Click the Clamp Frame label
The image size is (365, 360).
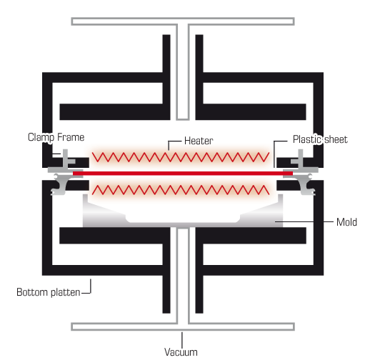tap(56, 138)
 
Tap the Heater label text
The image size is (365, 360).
tap(199, 141)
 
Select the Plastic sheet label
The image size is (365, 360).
tap(320, 139)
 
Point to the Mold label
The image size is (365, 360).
tap(346, 222)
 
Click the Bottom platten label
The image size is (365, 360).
tap(48, 292)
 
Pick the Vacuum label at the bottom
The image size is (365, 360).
tap(181, 352)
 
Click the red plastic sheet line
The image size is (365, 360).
tap(183, 174)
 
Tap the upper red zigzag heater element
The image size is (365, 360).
tap(181, 157)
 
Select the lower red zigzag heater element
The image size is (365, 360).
tap(181, 190)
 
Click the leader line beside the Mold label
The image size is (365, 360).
tap(304, 221)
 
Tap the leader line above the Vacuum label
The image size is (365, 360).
tap(182, 340)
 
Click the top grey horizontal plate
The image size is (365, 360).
tap(183, 21)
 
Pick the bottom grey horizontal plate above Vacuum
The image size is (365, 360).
tap(183, 326)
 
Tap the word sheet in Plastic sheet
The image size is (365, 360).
tap(336, 139)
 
